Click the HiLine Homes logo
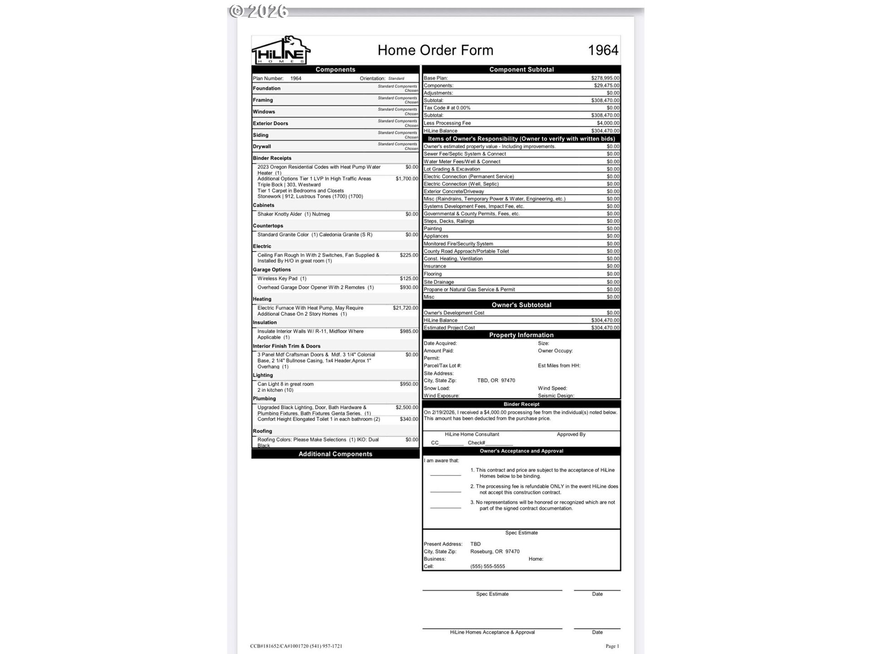tap(281, 50)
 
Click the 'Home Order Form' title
tap(435, 50)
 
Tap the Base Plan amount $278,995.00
tap(605, 78)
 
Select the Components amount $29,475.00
tap(606, 85)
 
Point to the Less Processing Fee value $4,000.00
tap(608, 123)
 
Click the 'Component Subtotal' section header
tap(521, 69)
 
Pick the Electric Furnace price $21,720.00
tap(405, 308)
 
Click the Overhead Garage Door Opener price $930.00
tap(409, 287)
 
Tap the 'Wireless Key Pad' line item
tap(282, 279)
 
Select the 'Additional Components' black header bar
tap(335, 454)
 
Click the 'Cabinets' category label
tap(263, 205)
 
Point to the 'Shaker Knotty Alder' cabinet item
tap(293, 214)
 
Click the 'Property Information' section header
tap(521, 335)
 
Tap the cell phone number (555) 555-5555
tap(487, 566)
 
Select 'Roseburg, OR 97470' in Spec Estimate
tap(495, 551)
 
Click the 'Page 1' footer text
tap(612, 646)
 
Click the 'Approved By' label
tap(571, 435)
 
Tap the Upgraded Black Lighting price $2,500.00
tap(406, 408)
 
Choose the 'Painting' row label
tap(432, 229)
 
